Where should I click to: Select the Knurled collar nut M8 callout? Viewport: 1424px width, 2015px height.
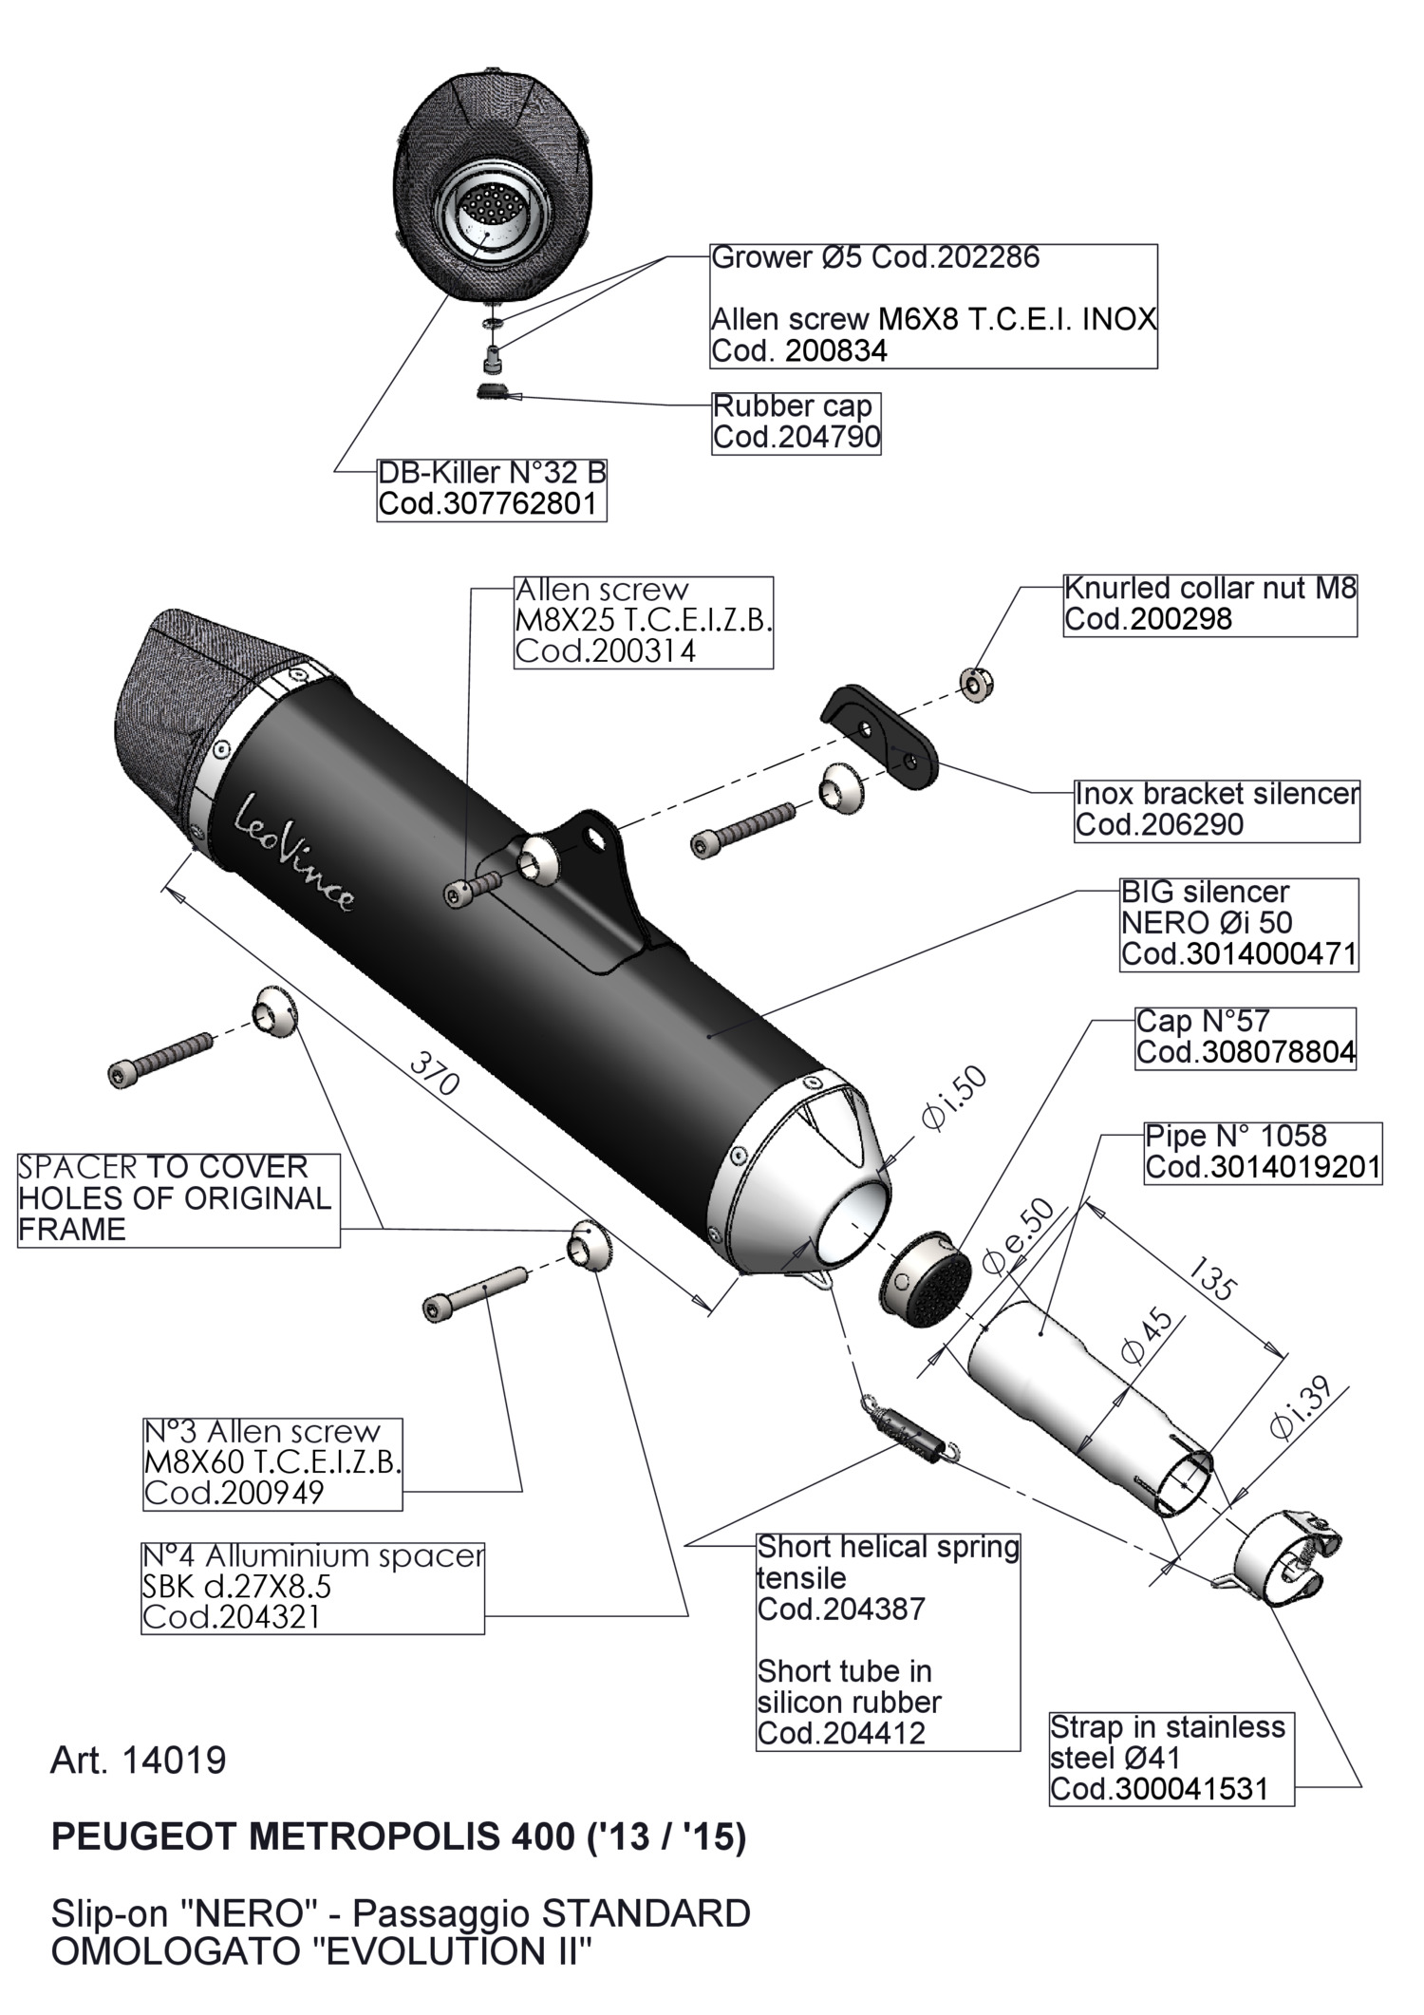[x=1209, y=604]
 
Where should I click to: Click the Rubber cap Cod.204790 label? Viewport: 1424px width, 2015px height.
[x=796, y=423]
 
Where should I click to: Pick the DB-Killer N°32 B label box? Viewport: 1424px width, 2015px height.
[x=491, y=488]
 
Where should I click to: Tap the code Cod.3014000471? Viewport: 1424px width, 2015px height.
[x=1238, y=953]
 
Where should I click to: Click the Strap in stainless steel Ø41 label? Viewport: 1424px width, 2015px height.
[x=1171, y=1758]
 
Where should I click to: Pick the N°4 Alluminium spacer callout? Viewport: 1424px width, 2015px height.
[x=312, y=1587]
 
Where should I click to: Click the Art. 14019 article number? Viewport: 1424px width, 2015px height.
[x=139, y=1761]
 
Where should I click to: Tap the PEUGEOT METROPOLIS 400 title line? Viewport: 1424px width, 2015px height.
[x=399, y=1837]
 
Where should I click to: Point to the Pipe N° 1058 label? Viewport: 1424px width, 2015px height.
[x=1262, y=1152]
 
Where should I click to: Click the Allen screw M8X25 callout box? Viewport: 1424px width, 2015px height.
[x=643, y=621]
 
